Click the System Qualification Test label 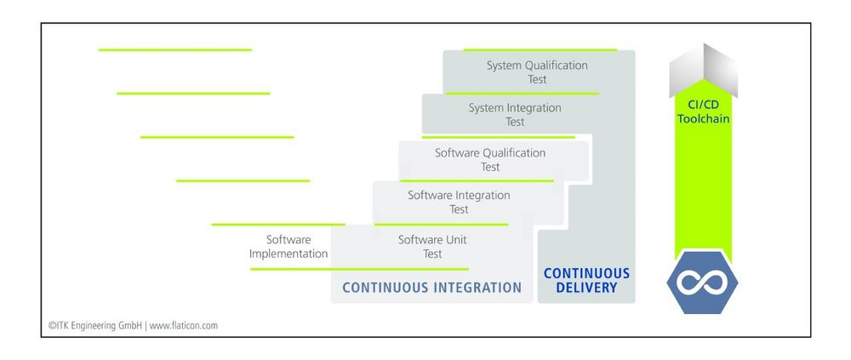[537, 72]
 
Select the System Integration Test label [515, 115]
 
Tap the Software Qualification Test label [490, 160]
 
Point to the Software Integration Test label [459, 202]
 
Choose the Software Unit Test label [432, 247]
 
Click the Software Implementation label [288, 247]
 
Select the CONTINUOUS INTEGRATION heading [432, 288]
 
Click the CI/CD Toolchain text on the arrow [704, 111]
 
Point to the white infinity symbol [702, 283]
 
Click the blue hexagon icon [702, 283]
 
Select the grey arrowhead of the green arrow [704, 68]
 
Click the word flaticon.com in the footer [184, 326]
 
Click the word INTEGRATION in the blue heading [474, 288]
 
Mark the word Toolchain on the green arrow [704, 117]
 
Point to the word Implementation [288, 254]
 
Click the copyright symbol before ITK [52, 326]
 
